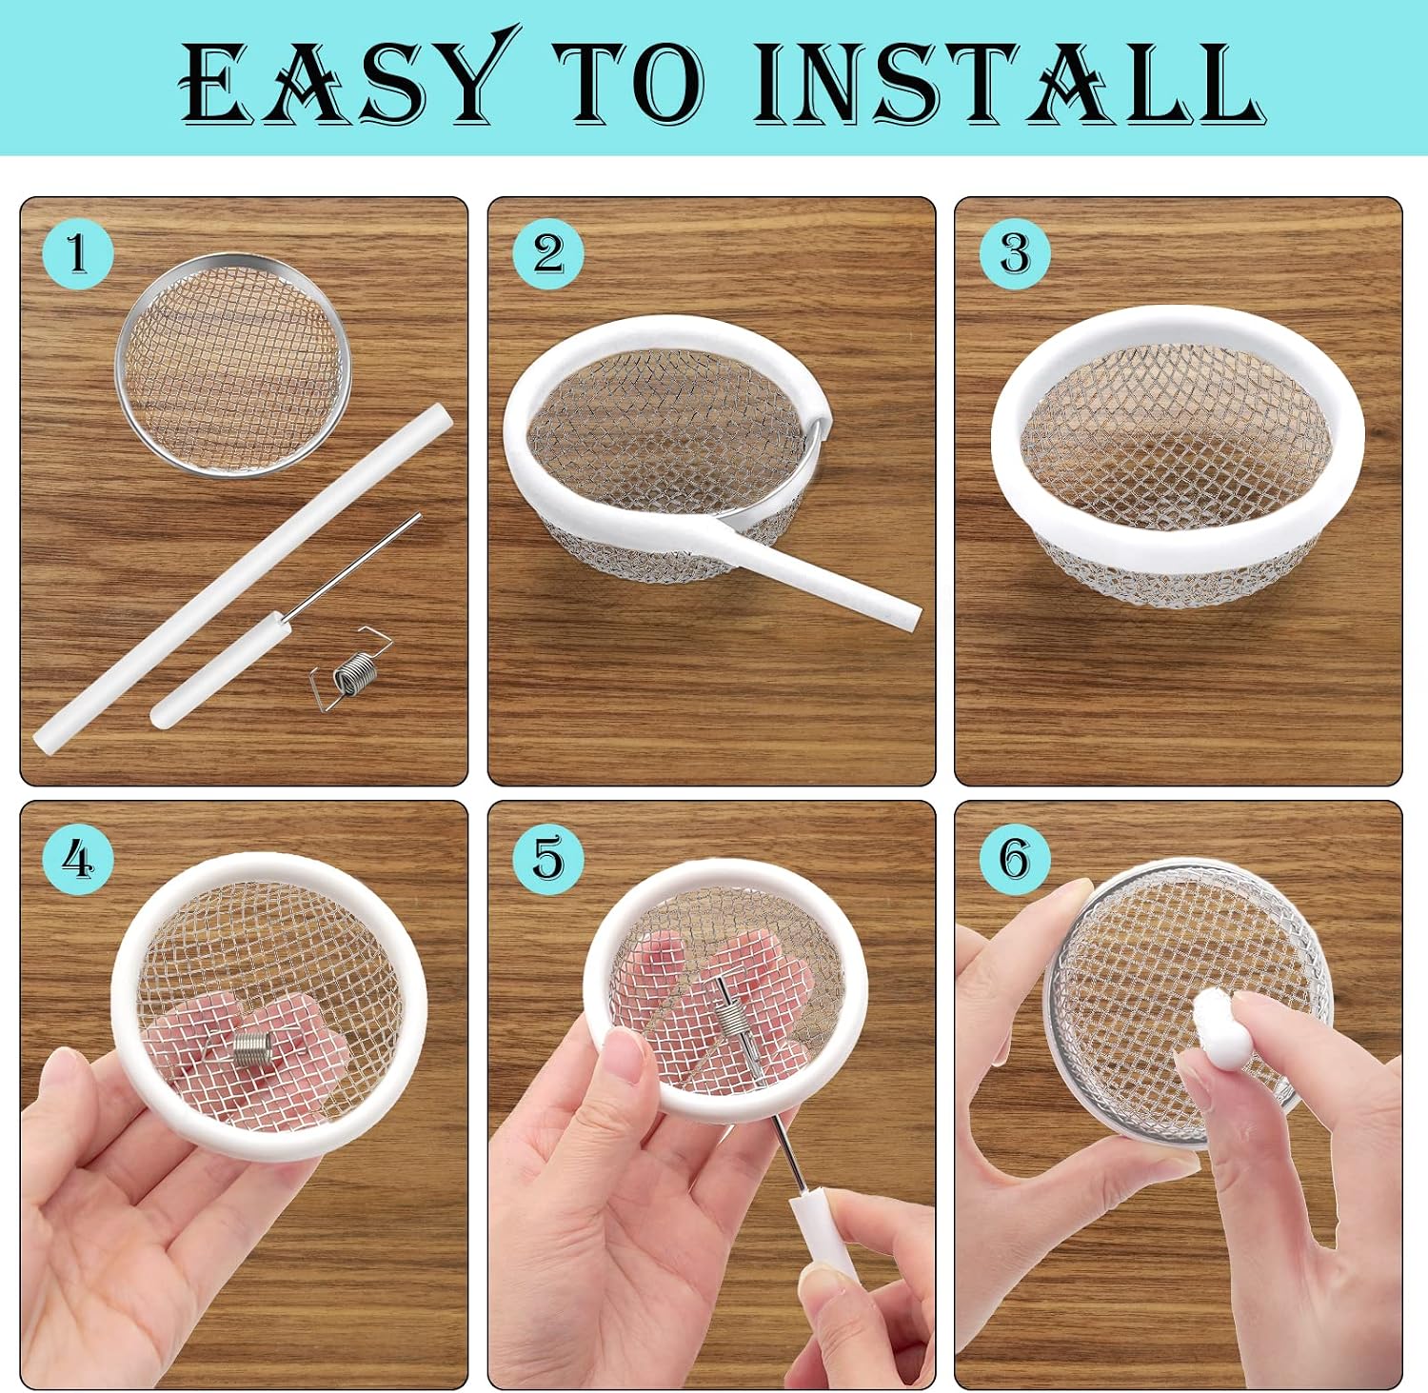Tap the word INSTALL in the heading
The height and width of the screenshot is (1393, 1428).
pyautogui.click(x=1008, y=82)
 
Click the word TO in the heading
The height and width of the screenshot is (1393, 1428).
pyautogui.click(x=631, y=83)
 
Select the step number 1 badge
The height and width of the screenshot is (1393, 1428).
pyautogui.click(x=78, y=253)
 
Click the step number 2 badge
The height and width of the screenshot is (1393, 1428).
pyautogui.click(x=548, y=253)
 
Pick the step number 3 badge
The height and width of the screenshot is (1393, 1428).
pyautogui.click(x=1015, y=253)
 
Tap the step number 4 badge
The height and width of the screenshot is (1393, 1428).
pyautogui.click(x=78, y=859)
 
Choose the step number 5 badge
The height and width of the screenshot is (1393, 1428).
pyautogui.click(x=548, y=859)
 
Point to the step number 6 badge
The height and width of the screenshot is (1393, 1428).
pyautogui.click(x=1015, y=859)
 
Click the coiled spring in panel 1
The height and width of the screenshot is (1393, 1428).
pyautogui.click(x=351, y=669)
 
